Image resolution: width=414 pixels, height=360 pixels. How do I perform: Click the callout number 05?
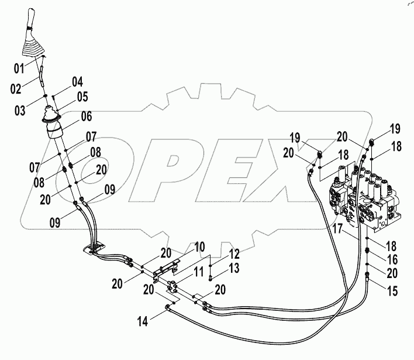pos(82,96)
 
